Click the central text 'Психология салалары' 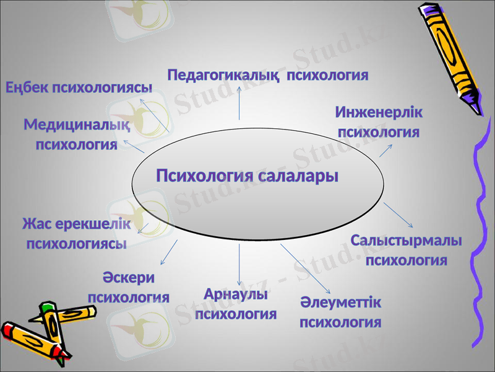[247, 175]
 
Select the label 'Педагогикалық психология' [268, 76]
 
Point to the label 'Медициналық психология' [77, 135]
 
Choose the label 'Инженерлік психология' [379, 122]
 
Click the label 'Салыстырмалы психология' [406, 250]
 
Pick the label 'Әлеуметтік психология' [340, 312]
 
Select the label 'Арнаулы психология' [236, 304]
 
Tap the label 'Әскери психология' [129, 287]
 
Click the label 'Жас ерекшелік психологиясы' [77, 233]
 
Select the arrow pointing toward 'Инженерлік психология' [386, 150]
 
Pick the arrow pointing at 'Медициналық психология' [134, 146]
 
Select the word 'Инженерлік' [379, 113]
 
